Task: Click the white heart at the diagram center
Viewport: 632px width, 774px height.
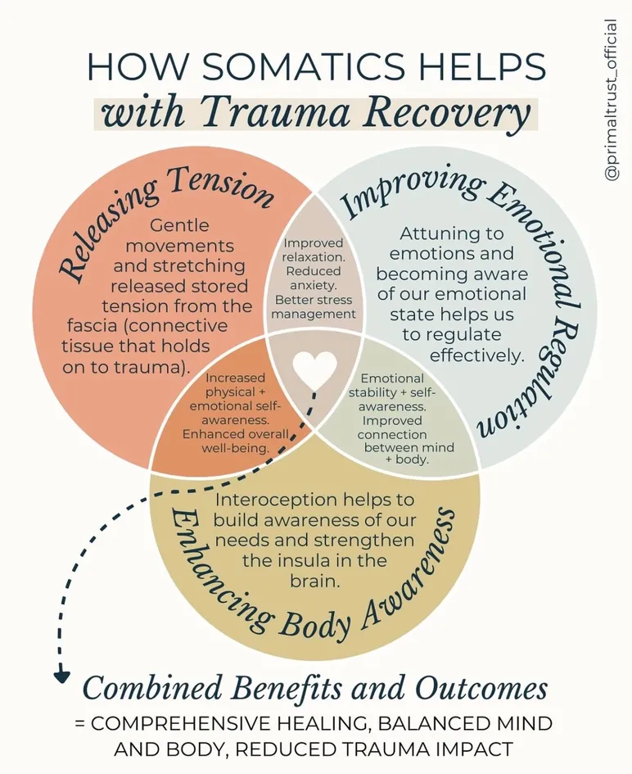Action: point(315,370)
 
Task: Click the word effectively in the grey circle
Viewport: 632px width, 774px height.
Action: point(476,355)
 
